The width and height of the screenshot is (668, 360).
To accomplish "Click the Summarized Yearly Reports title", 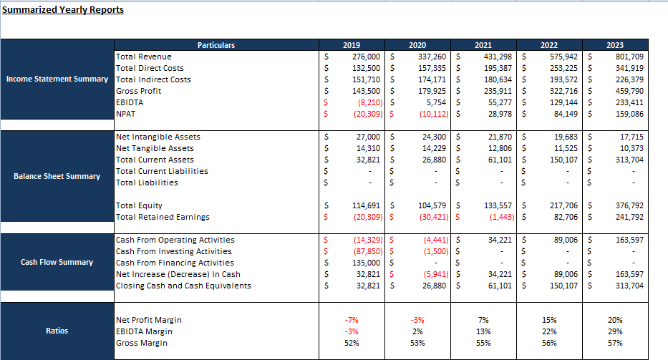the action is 63,10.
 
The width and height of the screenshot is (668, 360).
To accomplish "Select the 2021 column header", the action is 483,45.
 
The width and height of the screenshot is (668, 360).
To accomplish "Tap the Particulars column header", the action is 216,45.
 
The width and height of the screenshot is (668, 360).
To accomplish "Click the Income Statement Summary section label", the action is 57,79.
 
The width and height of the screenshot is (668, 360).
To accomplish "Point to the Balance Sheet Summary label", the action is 57,176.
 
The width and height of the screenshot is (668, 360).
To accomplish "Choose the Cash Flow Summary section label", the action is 57,262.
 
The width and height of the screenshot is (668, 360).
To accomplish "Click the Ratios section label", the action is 57,331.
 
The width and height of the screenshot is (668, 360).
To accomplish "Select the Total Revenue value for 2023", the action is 629,57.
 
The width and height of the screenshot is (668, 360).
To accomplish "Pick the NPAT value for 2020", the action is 434,115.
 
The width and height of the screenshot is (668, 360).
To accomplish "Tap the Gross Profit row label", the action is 138,91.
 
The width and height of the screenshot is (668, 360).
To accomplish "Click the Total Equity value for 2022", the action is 563,206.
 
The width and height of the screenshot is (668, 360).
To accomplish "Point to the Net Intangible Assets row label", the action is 158,137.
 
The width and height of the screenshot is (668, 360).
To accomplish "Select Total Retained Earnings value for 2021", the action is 501,218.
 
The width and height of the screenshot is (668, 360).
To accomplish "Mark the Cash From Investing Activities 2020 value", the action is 436,252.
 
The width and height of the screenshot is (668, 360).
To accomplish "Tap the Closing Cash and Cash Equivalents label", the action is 183,286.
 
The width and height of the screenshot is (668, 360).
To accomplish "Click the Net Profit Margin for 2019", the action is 352,320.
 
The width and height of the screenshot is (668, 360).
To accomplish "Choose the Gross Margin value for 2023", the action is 615,343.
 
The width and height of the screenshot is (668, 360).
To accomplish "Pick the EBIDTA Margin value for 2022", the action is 549,331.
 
